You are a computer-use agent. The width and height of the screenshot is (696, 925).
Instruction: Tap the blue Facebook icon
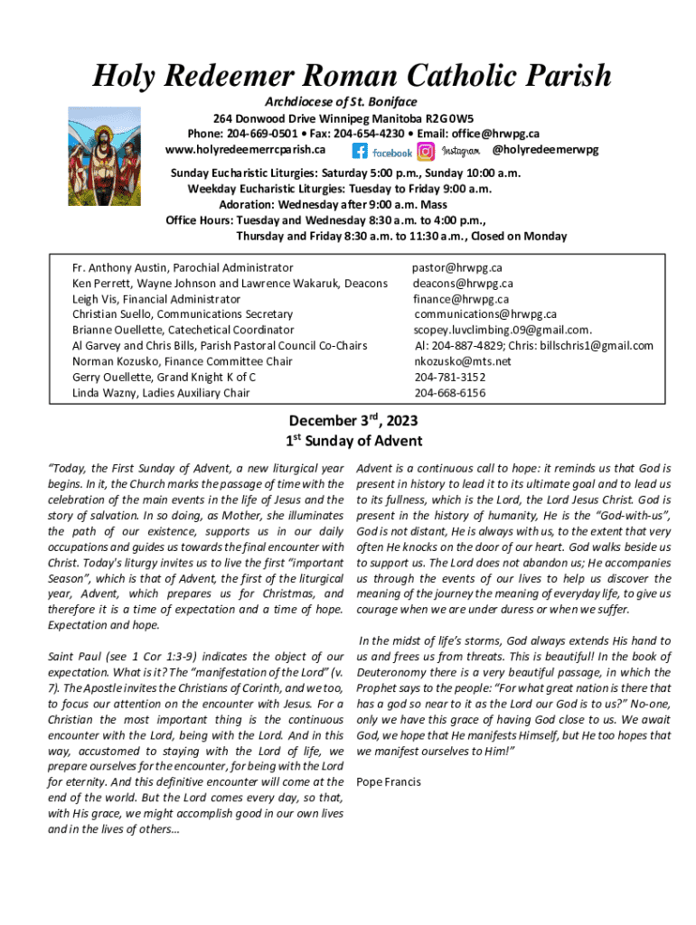pos(360,152)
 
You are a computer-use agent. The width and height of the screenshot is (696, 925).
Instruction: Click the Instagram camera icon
pos(426,152)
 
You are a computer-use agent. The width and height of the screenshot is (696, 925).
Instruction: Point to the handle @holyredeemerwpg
pos(545,149)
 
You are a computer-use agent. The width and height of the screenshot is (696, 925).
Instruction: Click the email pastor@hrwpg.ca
pos(457,267)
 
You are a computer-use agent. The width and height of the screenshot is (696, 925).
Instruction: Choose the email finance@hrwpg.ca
pos(461,299)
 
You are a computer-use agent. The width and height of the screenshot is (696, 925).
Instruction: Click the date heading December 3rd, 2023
pos(353,421)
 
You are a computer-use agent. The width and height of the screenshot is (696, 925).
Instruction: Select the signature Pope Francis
pos(389,781)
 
